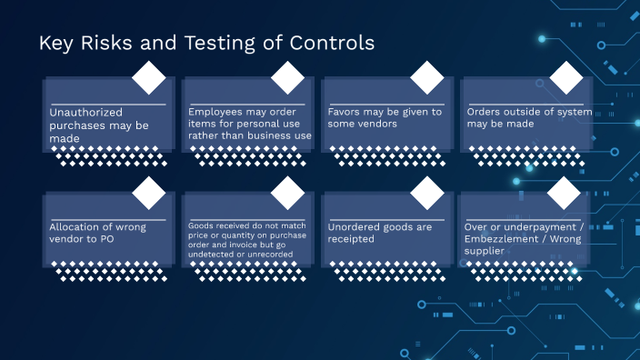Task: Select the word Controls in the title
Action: pos(327,43)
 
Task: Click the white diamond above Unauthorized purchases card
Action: pos(149,78)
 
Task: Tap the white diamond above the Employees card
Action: pos(288,78)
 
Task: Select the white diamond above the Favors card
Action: pos(427,78)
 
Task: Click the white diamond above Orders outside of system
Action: pos(565,78)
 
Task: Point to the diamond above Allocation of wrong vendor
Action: pos(149,193)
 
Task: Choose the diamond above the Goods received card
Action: pos(288,193)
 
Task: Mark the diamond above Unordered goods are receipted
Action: pos(427,193)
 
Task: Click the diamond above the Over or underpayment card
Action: pos(565,193)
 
